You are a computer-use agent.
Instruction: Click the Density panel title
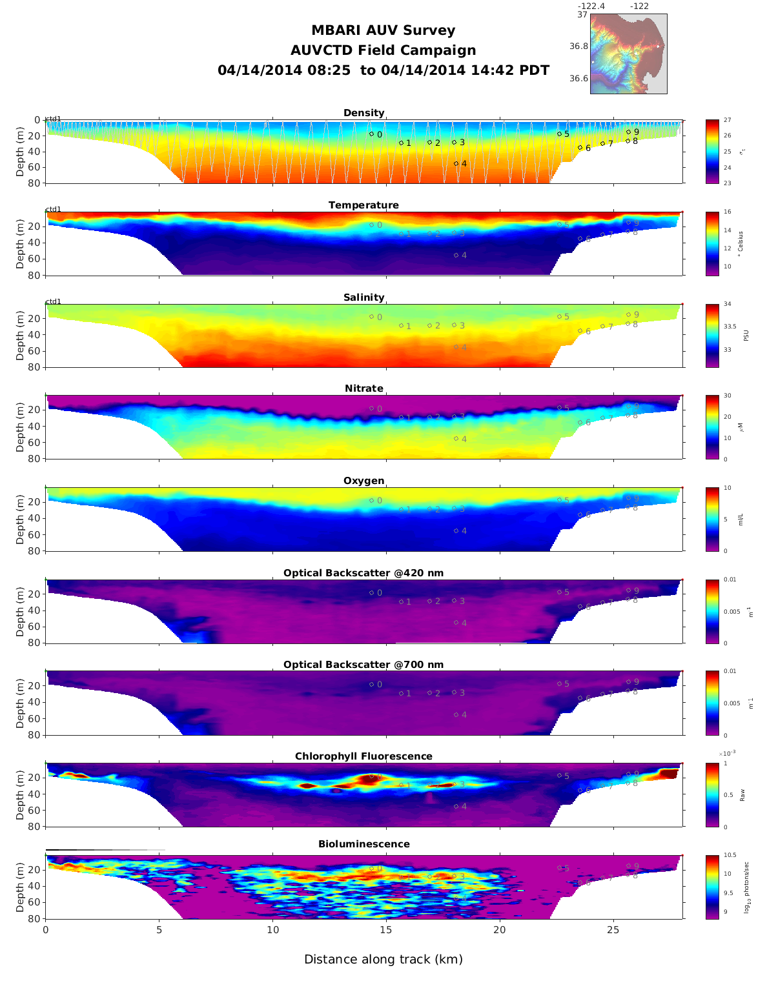click(x=363, y=113)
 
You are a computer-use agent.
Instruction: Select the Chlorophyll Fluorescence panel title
click(x=363, y=756)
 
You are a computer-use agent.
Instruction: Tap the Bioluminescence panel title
click(x=363, y=844)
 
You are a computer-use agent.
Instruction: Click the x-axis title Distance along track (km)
click(x=383, y=960)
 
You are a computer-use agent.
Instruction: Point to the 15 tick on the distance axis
click(x=386, y=930)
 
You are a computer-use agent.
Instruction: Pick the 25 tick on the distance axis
click(x=613, y=930)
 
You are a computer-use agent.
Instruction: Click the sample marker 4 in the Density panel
click(x=456, y=163)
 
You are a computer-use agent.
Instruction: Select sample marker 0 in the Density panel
click(x=371, y=134)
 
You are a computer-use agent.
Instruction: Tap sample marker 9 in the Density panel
click(x=628, y=132)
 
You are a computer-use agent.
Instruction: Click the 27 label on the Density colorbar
click(x=728, y=120)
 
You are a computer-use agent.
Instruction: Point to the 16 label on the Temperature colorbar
click(x=728, y=212)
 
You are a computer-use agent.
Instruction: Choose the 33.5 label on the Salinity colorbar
click(x=730, y=327)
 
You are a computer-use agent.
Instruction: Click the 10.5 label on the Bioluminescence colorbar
click(x=730, y=856)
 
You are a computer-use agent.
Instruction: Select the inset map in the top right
click(x=628, y=54)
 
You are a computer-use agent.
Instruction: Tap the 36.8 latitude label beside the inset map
click(x=578, y=46)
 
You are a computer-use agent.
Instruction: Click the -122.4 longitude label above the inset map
click(x=591, y=6)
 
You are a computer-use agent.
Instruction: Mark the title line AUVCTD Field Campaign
click(x=383, y=50)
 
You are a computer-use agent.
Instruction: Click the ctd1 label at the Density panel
click(x=54, y=119)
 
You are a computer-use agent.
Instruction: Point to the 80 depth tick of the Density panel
click(x=34, y=183)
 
